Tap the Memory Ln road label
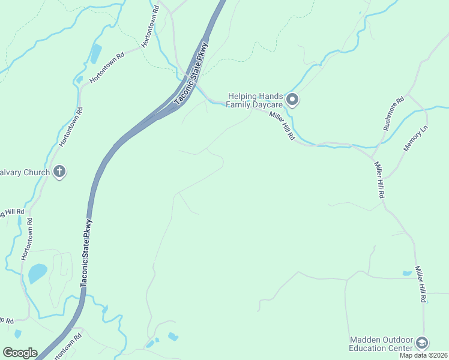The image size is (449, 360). coord(415,138)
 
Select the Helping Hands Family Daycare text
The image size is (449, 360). coord(255,100)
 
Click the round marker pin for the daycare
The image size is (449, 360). coord(292,100)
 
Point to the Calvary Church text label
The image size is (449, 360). coord(25,172)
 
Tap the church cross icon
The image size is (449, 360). coord(59,172)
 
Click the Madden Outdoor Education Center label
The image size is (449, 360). coord(381,344)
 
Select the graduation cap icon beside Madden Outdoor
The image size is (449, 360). coord(422,343)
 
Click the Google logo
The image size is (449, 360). coord(20,353)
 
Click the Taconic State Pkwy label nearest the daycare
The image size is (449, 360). coord(192,73)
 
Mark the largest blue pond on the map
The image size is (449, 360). coord(38,274)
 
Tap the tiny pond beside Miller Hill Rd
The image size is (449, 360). coord(408,274)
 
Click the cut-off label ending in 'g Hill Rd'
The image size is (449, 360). coord(12,212)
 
